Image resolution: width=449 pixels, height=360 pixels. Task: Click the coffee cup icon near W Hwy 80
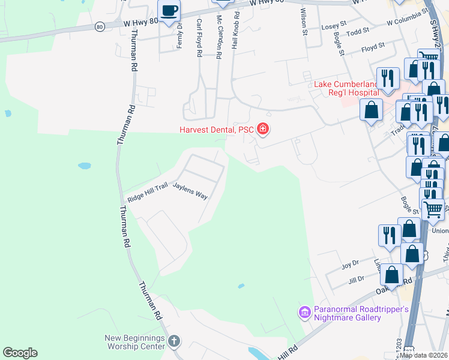coord(169,10)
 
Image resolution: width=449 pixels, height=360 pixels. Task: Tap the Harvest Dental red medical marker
coord(262,128)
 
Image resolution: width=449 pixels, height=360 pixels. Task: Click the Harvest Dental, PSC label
coord(216,129)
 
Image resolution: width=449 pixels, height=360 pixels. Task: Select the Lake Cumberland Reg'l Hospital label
coord(347,88)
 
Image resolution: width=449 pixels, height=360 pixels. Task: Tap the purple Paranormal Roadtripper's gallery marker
coord(304,313)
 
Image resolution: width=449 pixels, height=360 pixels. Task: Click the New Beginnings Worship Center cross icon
coord(173,341)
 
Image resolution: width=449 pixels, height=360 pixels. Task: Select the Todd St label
coord(358,32)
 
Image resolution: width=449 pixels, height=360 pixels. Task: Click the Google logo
coord(20,353)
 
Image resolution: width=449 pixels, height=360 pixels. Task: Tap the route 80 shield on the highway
coord(100,27)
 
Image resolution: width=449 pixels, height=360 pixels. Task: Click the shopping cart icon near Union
coord(433,209)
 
